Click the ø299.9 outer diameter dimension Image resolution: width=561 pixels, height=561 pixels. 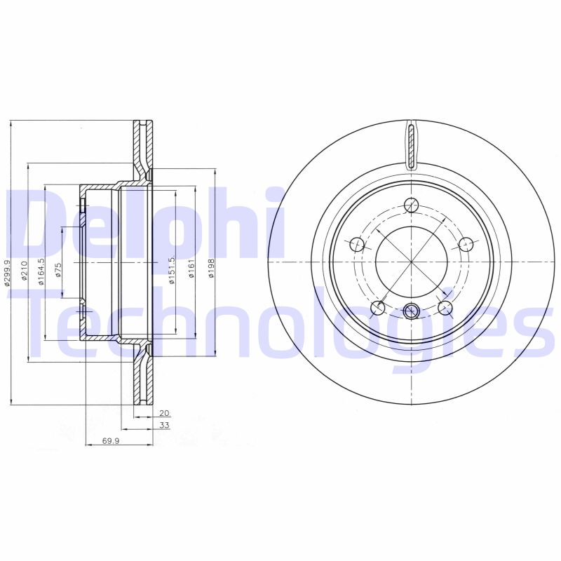[x=7, y=273]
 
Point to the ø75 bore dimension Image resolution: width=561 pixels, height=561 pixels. [x=59, y=269]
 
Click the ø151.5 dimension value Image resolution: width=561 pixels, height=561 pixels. [x=171, y=270]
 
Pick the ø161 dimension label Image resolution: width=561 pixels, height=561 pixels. [x=191, y=270]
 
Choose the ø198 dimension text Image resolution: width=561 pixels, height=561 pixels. [x=211, y=270]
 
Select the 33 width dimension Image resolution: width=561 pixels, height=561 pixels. [x=164, y=425]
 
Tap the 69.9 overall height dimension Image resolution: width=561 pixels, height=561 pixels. [x=109, y=441]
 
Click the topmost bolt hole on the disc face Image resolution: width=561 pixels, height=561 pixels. [x=412, y=205]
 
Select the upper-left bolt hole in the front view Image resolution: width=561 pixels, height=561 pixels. [x=357, y=245]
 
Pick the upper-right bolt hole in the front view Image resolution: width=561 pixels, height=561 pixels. [x=466, y=244]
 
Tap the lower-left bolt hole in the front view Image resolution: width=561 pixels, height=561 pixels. [x=378, y=307]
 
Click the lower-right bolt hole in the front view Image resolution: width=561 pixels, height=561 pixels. [x=445, y=307]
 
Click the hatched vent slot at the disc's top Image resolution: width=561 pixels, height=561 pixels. [x=412, y=144]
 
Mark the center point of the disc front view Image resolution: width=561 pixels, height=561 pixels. [x=412, y=262]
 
